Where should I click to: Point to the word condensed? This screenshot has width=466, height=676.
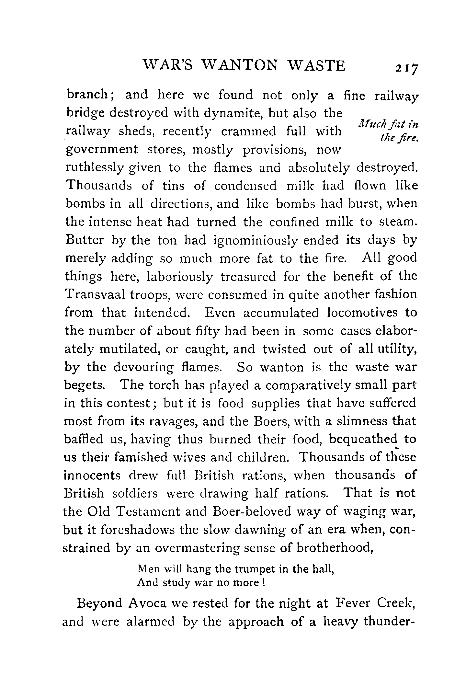[x=245, y=186]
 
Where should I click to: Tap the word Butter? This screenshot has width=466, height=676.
[x=85, y=240]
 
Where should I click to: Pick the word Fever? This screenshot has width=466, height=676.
[x=353, y=603]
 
